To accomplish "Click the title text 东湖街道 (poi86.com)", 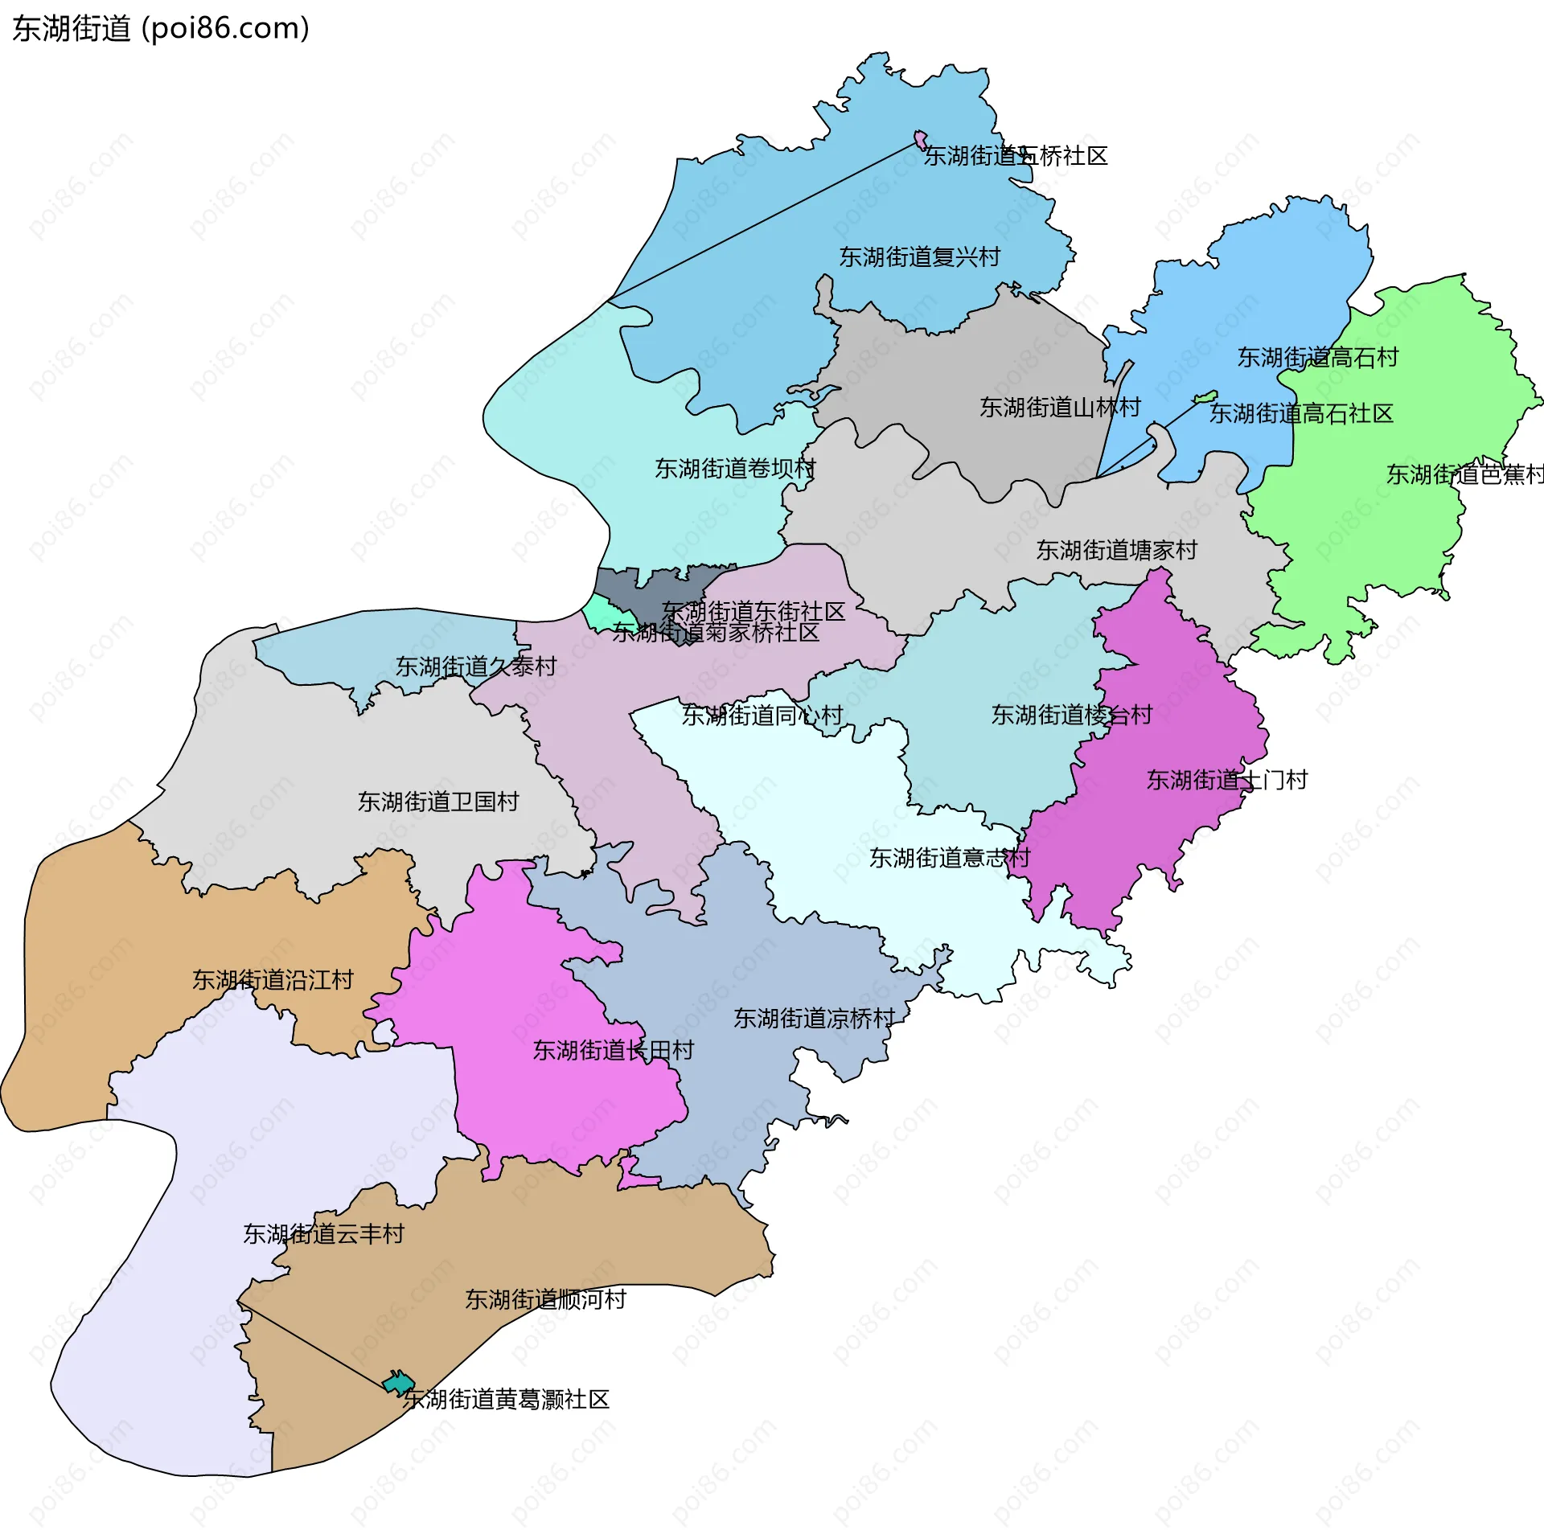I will tap(161, 29).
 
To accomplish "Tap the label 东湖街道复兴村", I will tap(919, 257).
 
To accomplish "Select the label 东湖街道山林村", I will tap(1059, 408).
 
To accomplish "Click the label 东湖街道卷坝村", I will tap(734, 469).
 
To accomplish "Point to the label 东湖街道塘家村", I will tap(1116, 551).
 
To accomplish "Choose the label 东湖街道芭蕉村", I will tap(1464, 474).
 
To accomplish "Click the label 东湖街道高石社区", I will tap(1300, 414).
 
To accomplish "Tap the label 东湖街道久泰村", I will tap(475, 667).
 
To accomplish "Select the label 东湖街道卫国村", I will tap(437, 802).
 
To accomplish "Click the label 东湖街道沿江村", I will tap(273, 980).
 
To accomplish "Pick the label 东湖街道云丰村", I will tap(323, 1234).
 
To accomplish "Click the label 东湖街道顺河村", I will tap(545, 1299).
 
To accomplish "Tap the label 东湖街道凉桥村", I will tap(814, 1019).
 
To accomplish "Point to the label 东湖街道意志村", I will tap(949, 858).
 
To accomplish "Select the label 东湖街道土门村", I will tap(1226, 780).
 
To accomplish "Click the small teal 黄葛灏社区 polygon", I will tap(397, 1384).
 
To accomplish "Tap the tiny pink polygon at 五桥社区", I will tap(920, 139).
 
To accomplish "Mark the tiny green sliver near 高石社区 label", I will tap(1205, 397).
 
